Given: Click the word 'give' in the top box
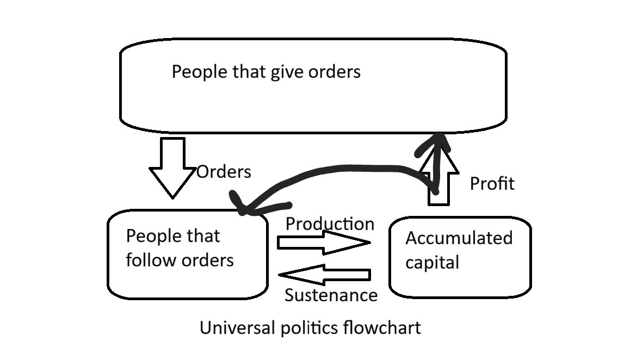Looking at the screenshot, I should click(x=287, y=72).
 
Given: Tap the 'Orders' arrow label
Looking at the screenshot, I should click(x=224, y=172).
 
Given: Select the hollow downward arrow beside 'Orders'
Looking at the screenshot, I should click(x=172, y=165).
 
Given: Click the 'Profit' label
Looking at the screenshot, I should click(x=492, y=184).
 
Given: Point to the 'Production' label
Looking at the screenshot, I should click(x=330, y=224).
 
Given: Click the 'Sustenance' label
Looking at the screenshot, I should click(x=331, y=295).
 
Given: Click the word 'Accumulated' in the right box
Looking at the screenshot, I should click(x=459, y=238).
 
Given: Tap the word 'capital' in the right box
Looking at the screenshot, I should click(x=432, y=262).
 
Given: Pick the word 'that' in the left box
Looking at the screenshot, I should click(x=203, y=236).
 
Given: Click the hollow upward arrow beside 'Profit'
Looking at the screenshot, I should click(x=438, y=179).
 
